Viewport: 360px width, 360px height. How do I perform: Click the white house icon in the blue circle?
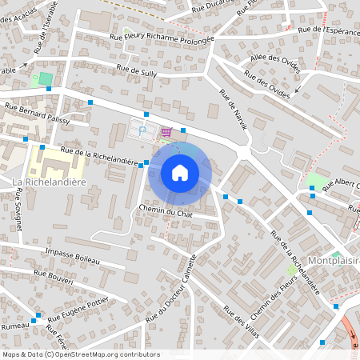(180, 173)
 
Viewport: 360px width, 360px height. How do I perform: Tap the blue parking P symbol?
(142, 130)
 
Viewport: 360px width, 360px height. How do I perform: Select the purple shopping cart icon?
(166, 132)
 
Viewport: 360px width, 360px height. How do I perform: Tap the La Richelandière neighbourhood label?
(50, 182)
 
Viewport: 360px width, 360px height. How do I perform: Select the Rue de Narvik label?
(234, 110)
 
